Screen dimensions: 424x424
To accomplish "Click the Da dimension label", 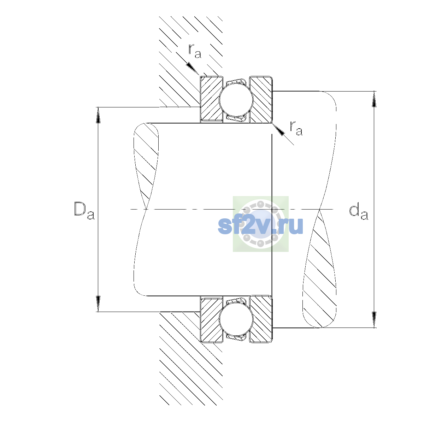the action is point(84,211).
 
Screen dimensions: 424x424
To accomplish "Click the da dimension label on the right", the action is point(358,212).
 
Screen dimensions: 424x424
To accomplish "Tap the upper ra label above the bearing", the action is point(195,51).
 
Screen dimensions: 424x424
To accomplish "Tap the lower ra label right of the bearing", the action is point(296,128).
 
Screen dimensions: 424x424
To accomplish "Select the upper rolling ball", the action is point(236,99).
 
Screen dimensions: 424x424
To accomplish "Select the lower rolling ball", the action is point(236,319).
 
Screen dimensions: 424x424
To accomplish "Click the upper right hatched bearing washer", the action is point(261,99).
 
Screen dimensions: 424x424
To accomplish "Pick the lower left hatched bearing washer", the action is point(211,319).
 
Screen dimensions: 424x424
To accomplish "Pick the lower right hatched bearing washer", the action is point(261,319).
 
